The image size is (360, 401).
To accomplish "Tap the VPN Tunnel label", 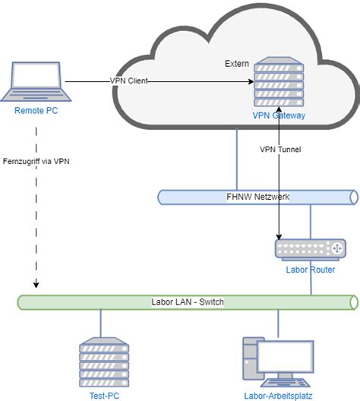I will click(281, 150).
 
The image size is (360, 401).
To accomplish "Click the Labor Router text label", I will click(309, 270).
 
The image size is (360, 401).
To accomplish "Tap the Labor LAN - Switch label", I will click(188, 302).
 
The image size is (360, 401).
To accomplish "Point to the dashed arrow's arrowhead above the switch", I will click(36, 286).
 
